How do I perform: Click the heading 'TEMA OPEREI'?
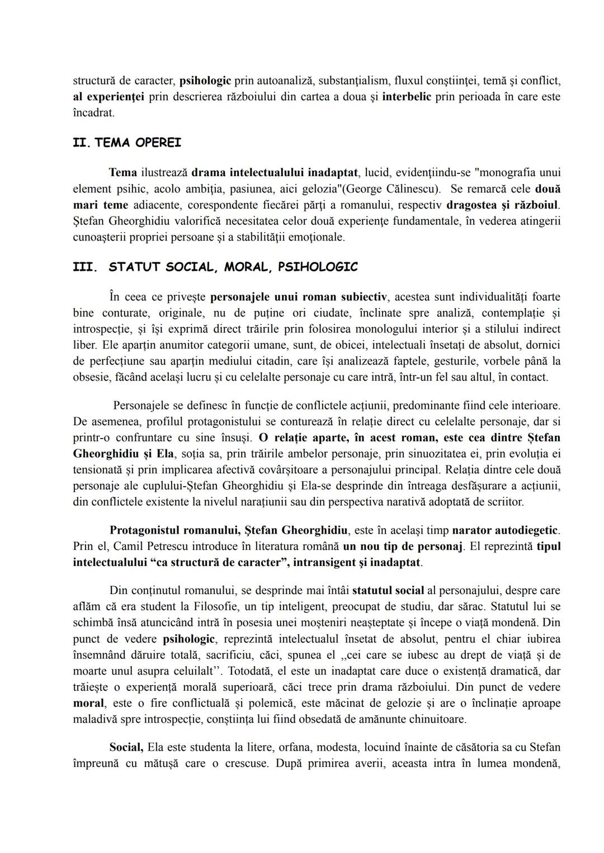pos(138,143)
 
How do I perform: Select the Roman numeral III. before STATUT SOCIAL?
pos(85,267)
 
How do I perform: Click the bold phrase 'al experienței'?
pos(108,96)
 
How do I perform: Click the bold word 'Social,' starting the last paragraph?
pos(126,747)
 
